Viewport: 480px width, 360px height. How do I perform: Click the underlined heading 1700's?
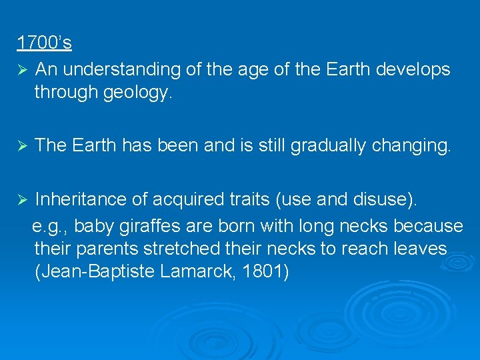pyautogui.click(x=44, y=43)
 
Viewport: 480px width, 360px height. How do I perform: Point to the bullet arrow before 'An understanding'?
pyautogui.click(x=21, y=70)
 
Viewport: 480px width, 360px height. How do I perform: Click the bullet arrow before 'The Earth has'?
pyautogui.click(x=21, y=145)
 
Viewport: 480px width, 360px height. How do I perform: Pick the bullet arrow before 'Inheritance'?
pyautogui.click(x=21, y=199)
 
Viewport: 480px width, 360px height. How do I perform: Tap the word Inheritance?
pyautogui.click(x=75, y=199)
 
